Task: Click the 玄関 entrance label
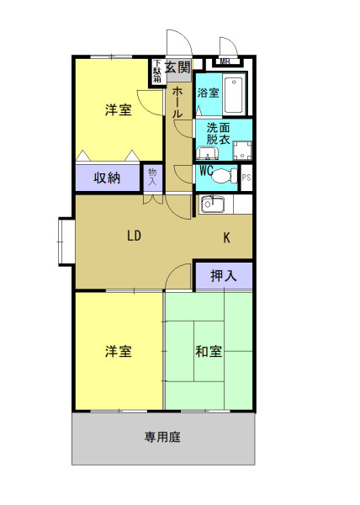click(177, 66)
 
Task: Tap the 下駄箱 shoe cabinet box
click(157, 71)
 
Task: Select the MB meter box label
click(224, 61)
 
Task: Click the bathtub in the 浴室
click(234, 95)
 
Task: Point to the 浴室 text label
click(208, 93)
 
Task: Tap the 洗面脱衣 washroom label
click(218, 133)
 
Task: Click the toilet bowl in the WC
click(224, 176)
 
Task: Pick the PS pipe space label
click(246, 178)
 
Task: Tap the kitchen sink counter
click(212, 204)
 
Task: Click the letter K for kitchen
click(226, 238)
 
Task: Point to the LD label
click(134, 236)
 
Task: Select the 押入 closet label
click(222, 274)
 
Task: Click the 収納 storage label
click(106, 178)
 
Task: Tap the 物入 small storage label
click(152, 177)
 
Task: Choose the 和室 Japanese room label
click(209, 351)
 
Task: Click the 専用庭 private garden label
click(163, 437)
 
